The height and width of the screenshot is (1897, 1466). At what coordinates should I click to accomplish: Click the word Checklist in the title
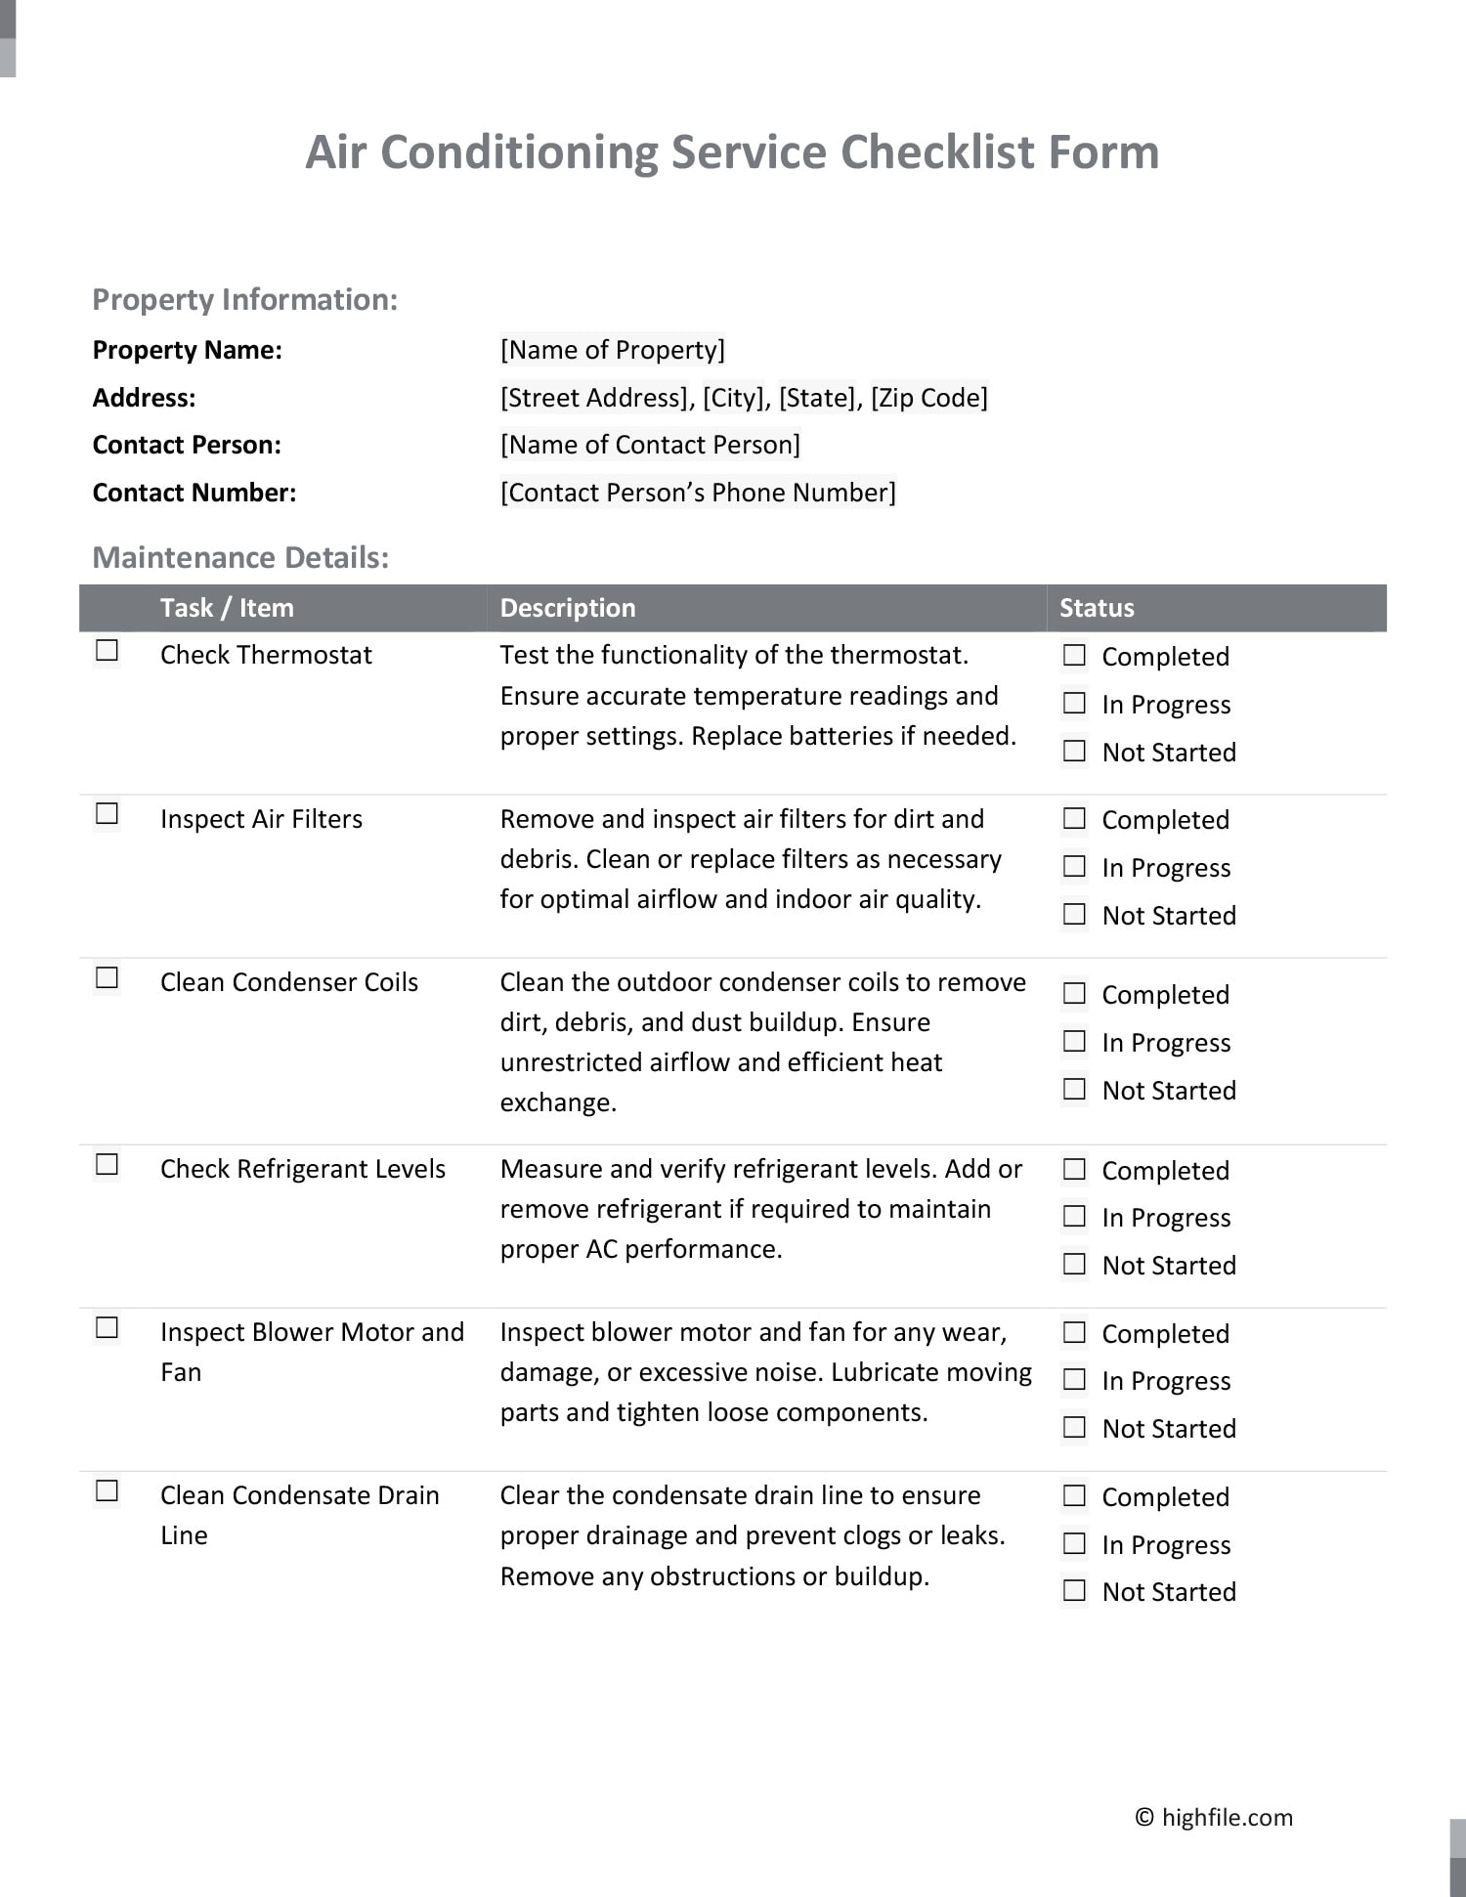(x=936, y=152)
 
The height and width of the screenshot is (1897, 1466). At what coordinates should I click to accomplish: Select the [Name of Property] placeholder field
(x=612, y=350)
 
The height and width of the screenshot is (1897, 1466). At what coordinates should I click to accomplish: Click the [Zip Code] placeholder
(x=928, y=398)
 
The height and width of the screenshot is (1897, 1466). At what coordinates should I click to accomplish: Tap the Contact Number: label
(x=194, y=493)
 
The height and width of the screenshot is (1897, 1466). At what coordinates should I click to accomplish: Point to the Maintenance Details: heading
(x=240, y=557)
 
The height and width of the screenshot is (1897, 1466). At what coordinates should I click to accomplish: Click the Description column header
(x=567, y=608)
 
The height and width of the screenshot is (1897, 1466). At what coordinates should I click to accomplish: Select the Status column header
(x=1097, y=608)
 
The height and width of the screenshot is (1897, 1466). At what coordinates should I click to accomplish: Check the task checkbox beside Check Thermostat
(x=107, y=651)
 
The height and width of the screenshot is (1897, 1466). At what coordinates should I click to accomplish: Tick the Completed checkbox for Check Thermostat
(x=1074, y=656)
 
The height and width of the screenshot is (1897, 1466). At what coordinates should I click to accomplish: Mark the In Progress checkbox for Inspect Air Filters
(x=1074, y=867)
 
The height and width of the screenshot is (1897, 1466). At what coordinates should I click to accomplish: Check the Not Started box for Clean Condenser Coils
(x=1074, y=1090)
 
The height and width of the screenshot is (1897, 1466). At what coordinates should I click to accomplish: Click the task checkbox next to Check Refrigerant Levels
(x=107, y=1165)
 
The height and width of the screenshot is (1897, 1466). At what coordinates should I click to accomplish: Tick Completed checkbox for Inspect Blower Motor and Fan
(x=1074, y=1333)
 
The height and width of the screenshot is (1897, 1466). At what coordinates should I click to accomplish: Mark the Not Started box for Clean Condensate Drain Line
(x=1074, y=1591)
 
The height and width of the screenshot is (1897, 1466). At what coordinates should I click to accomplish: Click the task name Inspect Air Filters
(x=261, y=819)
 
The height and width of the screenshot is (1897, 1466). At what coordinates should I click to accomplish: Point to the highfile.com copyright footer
(x=1214, y=1818)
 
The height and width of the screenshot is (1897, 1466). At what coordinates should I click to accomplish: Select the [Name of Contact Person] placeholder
(x=650, y=445)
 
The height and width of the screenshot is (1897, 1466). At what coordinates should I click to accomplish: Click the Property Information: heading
(x=244, y=299)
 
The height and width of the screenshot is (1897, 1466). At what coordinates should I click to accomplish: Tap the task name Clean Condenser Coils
(x=288, y=982)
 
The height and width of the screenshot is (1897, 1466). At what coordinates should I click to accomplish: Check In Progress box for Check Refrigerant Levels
(x=1074, y=1217)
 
